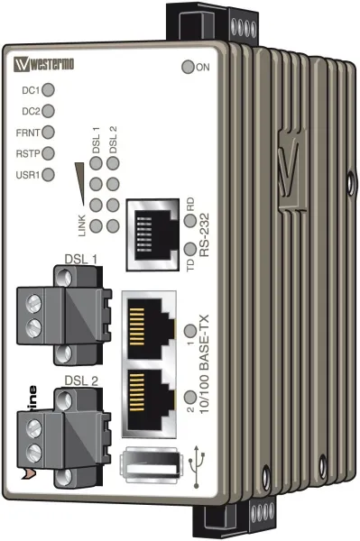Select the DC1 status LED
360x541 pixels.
pos(50,90)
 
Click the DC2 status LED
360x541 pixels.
pos(50,111)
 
